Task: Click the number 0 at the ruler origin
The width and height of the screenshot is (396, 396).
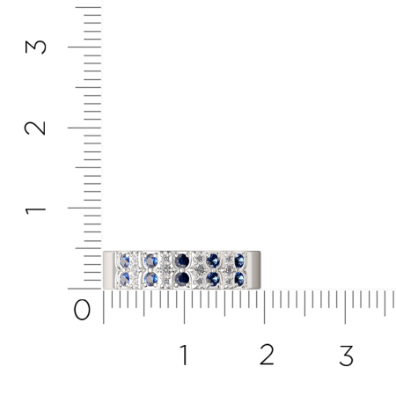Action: click(x=82, y=310)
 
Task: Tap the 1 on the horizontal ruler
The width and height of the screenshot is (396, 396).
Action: click(x=184, y=356)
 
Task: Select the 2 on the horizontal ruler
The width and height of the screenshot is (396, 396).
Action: click(x=265, y=356)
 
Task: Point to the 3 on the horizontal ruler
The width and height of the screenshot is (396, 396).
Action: click(x=346, y=356)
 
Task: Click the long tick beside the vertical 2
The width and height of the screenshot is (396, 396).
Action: click(x=84, y=128)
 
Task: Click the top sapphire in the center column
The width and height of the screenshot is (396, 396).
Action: click(x=183, y=260)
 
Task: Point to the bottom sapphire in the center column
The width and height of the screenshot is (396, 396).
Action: click(x=183, y=278)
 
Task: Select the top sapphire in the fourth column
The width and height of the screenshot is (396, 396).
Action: click(x=212, y=260)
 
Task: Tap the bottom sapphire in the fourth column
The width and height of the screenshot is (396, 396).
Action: click(x=212, y=278)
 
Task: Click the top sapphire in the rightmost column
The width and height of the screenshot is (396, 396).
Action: click(x=239, y=260)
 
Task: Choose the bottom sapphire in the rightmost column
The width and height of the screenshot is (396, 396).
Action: click(x=239, y=278)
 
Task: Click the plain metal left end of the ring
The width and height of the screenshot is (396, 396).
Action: click(x=109, y=269)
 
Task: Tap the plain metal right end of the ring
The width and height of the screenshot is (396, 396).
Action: click(x=256, y=269)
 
